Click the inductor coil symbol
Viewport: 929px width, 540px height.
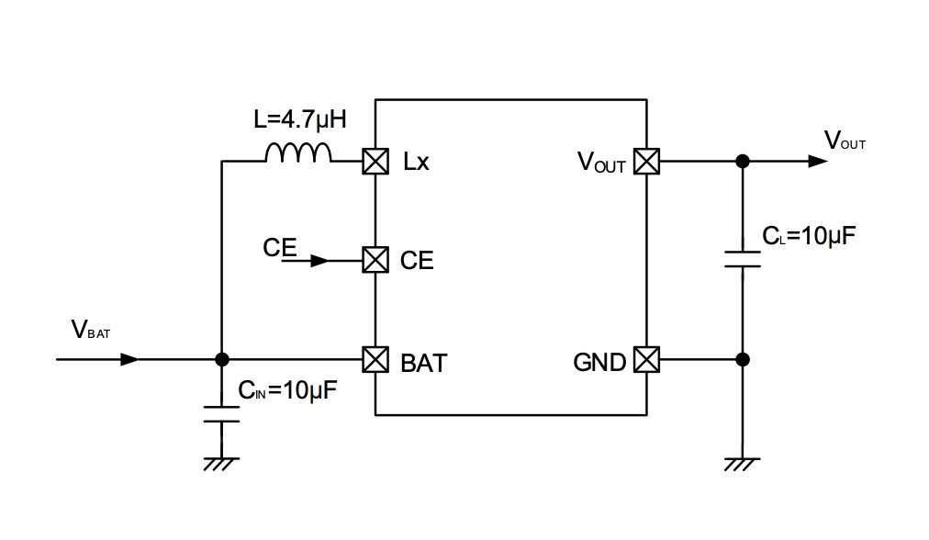pos(298,153)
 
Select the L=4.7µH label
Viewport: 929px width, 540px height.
pos(300,120)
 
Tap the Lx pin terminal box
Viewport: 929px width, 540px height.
pos(375,162)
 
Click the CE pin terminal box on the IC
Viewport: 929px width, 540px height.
pos(375,260)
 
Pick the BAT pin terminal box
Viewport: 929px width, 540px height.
pos(375,359)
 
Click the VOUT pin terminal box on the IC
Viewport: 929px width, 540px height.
pos(647,162)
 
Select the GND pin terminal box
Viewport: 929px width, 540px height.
pos(647,359)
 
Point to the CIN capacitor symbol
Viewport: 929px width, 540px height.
pos(220,413)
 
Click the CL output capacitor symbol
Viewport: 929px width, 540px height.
pos(743,259)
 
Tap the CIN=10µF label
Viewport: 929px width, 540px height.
pos(288,389)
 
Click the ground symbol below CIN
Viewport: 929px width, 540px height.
pos(220,464)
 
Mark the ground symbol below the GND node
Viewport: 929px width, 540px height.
pos(743,464)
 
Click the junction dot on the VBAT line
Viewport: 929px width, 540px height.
pos(220,359)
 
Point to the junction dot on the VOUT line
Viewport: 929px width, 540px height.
pos(743,162)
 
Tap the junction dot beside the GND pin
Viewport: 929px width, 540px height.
pos(743,359)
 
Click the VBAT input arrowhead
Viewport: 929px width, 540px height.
pos(130,359)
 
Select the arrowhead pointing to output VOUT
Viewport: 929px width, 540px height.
pos(817,162)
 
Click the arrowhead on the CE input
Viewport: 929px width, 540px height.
pos(319,261)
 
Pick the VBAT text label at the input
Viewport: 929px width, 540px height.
pos(90,331)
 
